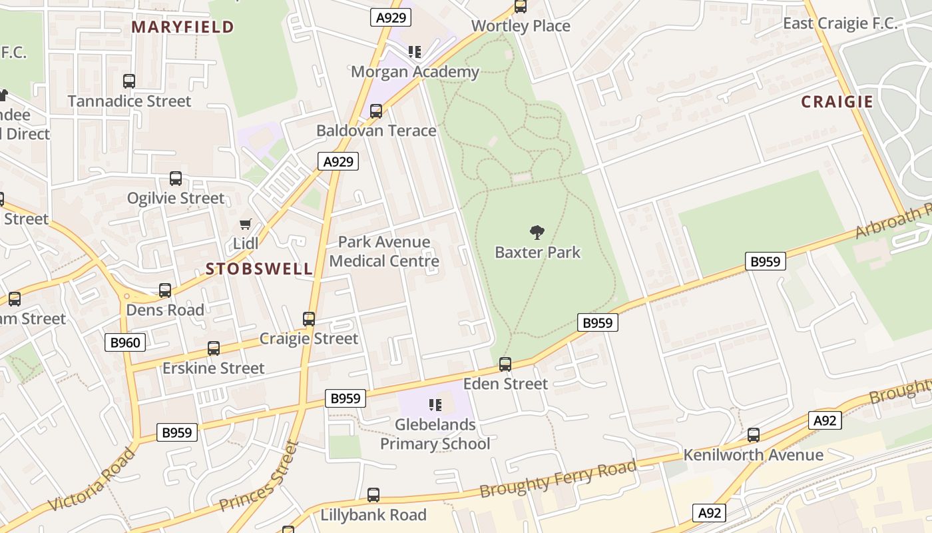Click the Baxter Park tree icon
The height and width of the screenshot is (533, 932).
tap(537, 233)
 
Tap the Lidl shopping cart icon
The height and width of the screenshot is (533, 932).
tap(246, 225)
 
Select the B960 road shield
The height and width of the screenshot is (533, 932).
tap(125, 342)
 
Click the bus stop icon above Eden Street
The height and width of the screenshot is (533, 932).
tap(505, 364)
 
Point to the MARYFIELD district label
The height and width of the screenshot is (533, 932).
tap(182, 27)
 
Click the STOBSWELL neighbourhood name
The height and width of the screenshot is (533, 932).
tap(259, 268)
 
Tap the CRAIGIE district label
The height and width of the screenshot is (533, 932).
tap(837, 101)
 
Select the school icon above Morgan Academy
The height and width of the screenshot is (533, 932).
tap(415, 52)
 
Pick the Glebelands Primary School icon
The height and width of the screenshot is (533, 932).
tap(435, 405)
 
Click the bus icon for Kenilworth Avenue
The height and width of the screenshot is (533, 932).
tap(753, 435)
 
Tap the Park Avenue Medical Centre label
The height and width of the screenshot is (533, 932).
tap(384, 251)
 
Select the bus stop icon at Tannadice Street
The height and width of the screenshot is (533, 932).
tap(129, 81)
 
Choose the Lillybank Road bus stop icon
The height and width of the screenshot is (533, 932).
tap(373, 495)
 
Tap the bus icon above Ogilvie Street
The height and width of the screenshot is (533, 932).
tap(176, 179)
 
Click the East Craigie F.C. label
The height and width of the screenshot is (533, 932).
tap(840, 23)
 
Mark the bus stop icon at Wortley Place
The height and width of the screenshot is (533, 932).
tap(521, 7)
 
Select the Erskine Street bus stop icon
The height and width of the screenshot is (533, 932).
tap(214, 348)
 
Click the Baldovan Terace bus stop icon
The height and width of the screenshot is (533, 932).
tap(376, 111)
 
